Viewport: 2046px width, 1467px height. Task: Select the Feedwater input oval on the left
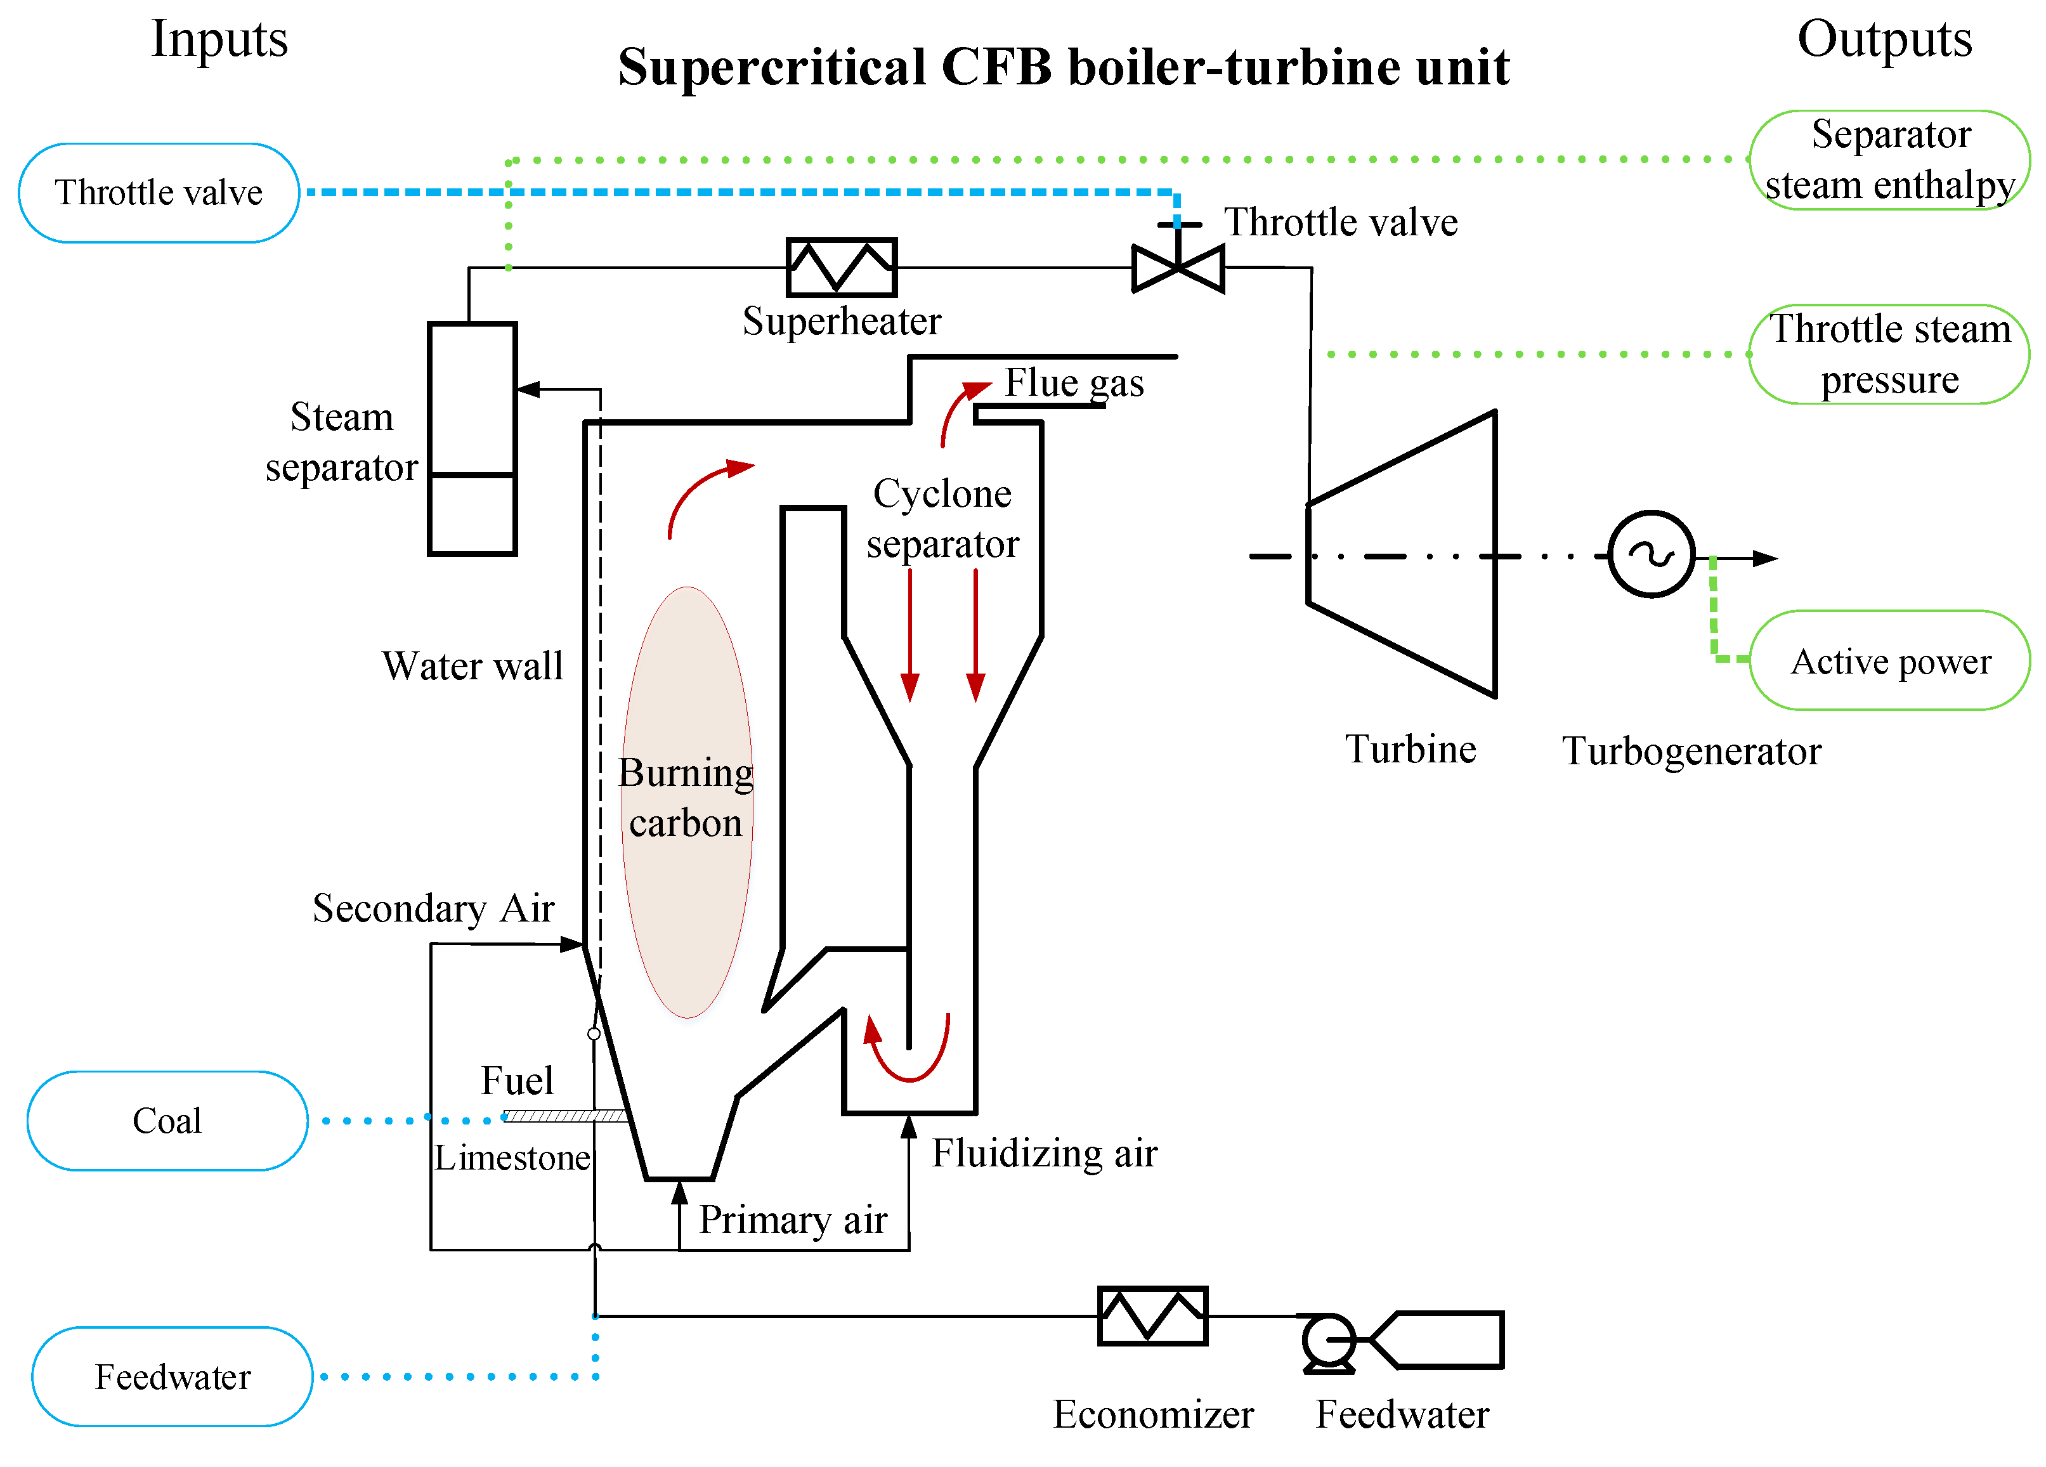click(x=173, y=1377)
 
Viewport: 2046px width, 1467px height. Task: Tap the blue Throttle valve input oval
click(x=159, y=192)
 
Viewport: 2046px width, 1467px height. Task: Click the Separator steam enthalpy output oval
click(x=1889, y=160)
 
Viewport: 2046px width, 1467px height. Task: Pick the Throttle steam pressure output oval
click(x=1889, y=354)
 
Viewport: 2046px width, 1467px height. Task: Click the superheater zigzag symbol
click(x=841, y=267)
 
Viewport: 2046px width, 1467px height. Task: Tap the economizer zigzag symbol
click(x=1152, y=1315)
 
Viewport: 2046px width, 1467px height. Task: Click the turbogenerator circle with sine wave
click(x=1651, y=555)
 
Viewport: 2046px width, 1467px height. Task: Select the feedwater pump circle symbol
click(x=1329, y=1341)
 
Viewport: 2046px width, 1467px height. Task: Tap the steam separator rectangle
click(x=472, y=438)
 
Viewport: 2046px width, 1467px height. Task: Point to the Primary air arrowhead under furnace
click(x=680, y=1193)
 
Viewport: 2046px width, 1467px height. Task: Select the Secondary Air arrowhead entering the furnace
click(x=572, y=944)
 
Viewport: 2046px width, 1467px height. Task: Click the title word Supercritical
click(x=771, y=68)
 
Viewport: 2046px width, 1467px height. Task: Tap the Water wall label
click(x=472, y=666)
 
